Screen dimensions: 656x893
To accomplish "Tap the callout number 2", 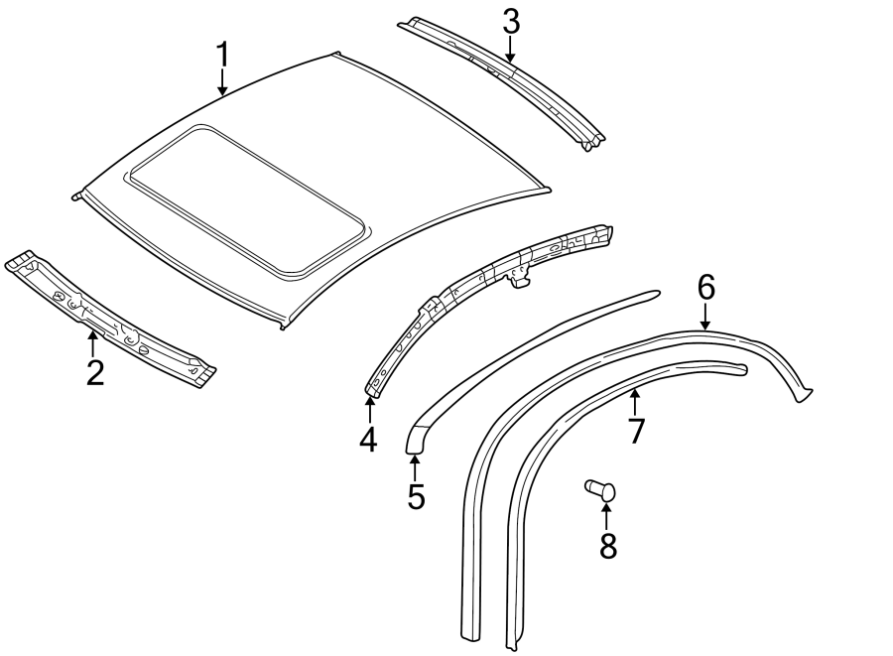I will [94, 373].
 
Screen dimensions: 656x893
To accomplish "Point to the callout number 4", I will [368, 438].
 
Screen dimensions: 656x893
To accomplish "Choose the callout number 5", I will [416, 496].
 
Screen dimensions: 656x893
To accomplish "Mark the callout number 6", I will [705, 287].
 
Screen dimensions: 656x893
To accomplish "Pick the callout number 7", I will [636, 430].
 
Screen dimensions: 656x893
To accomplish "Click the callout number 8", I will [607, 544].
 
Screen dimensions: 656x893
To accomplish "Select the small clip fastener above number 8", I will [598, 489].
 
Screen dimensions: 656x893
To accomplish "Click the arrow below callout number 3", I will [510, 50].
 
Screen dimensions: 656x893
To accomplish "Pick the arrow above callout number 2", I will [93, 344].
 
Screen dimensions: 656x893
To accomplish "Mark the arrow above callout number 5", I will [415, 466].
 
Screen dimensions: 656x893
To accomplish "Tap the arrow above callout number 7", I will [635, 402].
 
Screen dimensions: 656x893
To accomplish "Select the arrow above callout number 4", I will [369, 408].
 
